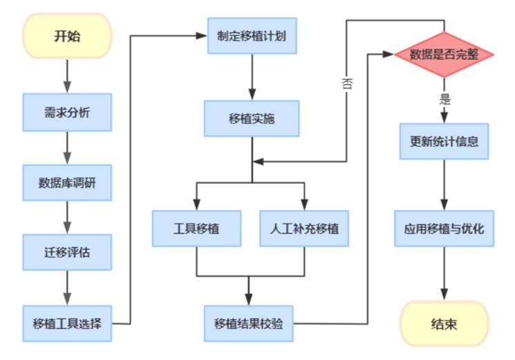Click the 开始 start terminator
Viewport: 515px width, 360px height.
tap(67, 36)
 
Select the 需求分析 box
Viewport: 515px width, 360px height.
tap(67, 112)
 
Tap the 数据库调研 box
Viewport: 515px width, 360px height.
tap(67, 182)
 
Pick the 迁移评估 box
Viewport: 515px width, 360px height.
tap(67, 253)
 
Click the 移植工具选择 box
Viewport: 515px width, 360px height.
tap(67, 323)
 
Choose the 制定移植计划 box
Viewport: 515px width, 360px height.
tap(252, 35)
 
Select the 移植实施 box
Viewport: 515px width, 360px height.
tap(252, 119)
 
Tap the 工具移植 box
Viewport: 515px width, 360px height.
tap(197, 227)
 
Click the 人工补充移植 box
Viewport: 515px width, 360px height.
tap(305, 227)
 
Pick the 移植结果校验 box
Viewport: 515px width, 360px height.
tap(252, 323)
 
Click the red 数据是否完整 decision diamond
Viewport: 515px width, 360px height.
tap(444, 54)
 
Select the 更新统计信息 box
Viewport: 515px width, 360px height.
tap(444, 142)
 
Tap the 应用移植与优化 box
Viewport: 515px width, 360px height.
tap(444, 228)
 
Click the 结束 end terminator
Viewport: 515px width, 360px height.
tap(444, 323)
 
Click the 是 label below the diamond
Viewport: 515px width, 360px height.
tap(444, 99)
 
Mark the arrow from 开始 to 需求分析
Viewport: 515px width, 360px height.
tap(67, 76)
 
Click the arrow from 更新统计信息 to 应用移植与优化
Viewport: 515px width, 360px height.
tap(444, 184)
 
